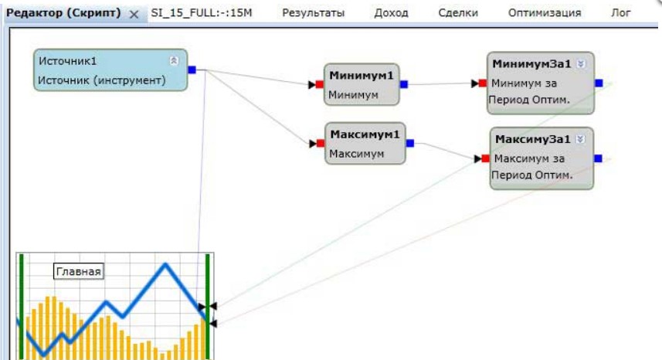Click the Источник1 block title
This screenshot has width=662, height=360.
(68, 61)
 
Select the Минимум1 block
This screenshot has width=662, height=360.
(362, 84)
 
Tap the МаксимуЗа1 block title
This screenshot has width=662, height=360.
(532, 140)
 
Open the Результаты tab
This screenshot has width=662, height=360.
(313, 13)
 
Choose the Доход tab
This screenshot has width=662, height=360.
(391, 13)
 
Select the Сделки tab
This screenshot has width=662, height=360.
(457, 13)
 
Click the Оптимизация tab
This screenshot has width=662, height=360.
(544, 13)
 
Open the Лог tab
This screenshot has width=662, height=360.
(621, 13)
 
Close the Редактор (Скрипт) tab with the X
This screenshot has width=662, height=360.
(133, 14)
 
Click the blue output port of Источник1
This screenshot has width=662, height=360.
(192, 70)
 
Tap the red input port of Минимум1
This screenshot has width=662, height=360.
(318, 84)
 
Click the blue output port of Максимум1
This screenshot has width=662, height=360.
(409, 143)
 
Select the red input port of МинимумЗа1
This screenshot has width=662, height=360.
(482, 83)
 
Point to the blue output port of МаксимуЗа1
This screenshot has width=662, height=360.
(598, 158)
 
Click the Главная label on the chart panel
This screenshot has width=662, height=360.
(78, 271)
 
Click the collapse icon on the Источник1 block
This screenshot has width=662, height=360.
(174, 60)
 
